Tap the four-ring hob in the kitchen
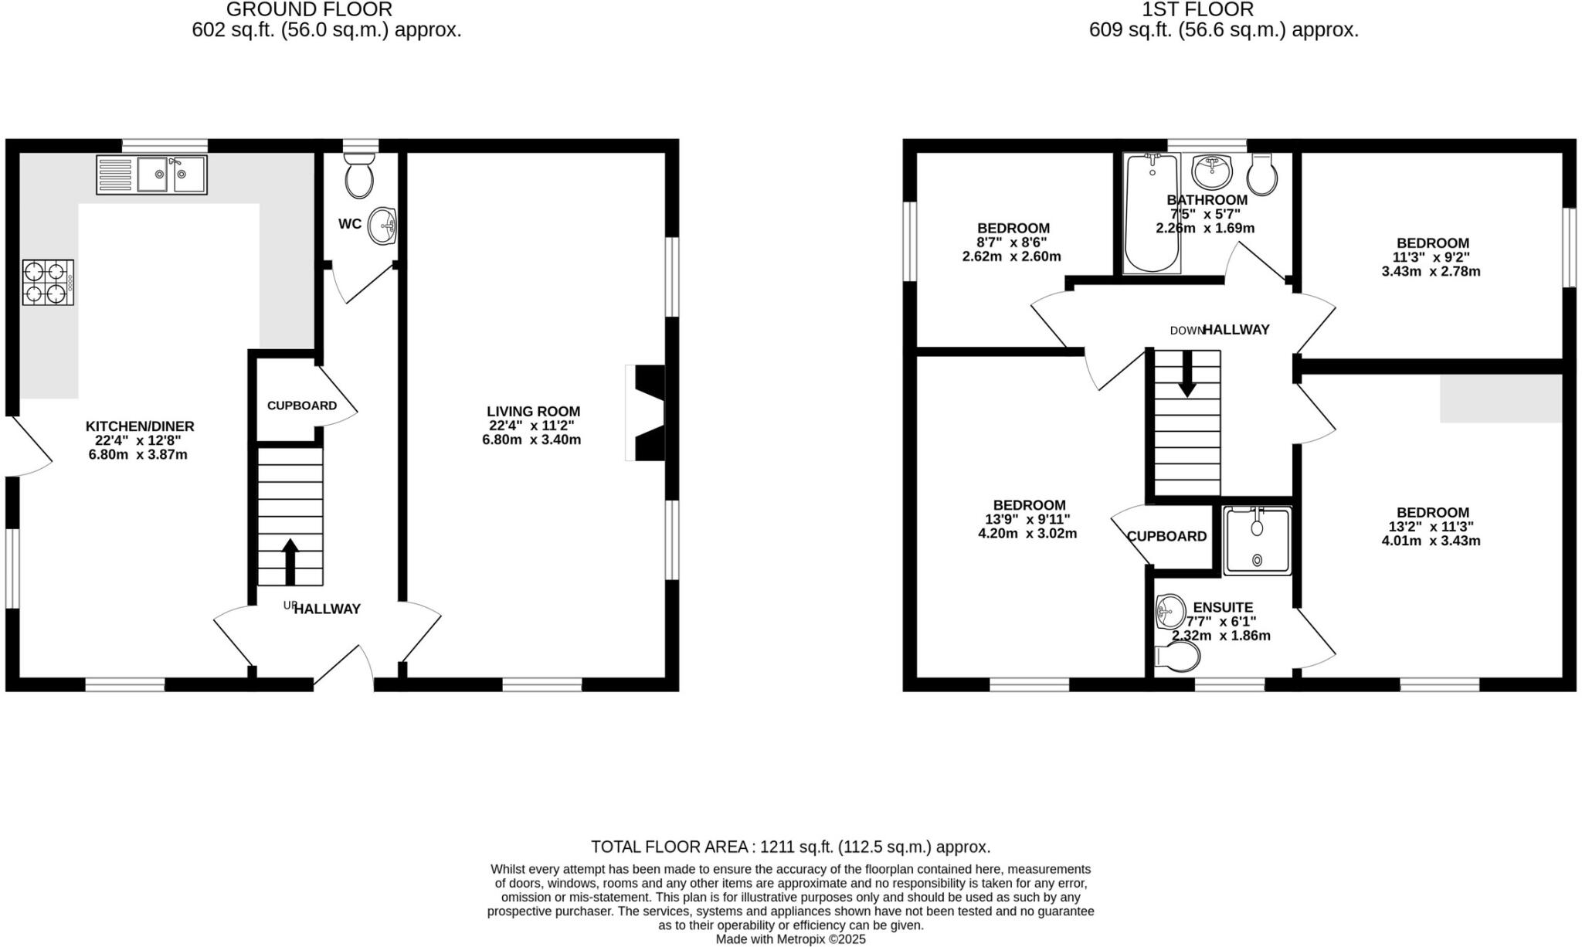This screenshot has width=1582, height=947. coord(48,283)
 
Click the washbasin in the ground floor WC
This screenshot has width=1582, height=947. coord(382,226)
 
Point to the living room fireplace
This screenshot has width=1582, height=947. coord(647,413)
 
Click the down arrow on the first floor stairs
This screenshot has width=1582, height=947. coord(1186,374)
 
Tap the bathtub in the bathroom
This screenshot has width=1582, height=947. coord(1152,212)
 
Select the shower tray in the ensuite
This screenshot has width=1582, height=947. coord(1258,541)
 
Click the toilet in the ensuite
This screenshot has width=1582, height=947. coord(1178,657)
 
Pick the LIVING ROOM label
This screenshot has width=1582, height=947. coord(533,412)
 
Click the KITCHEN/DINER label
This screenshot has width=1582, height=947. coord(140,426)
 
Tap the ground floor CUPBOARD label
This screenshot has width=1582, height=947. coord(302,406)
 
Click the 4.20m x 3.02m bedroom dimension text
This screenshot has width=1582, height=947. coord(1029,534)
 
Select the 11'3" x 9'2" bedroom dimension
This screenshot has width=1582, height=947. coord(1431,257)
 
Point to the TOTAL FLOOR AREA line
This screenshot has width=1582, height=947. coord(790,847)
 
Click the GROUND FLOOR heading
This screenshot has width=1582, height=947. coord(309,10)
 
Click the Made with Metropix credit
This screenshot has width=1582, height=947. coord(790,939)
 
